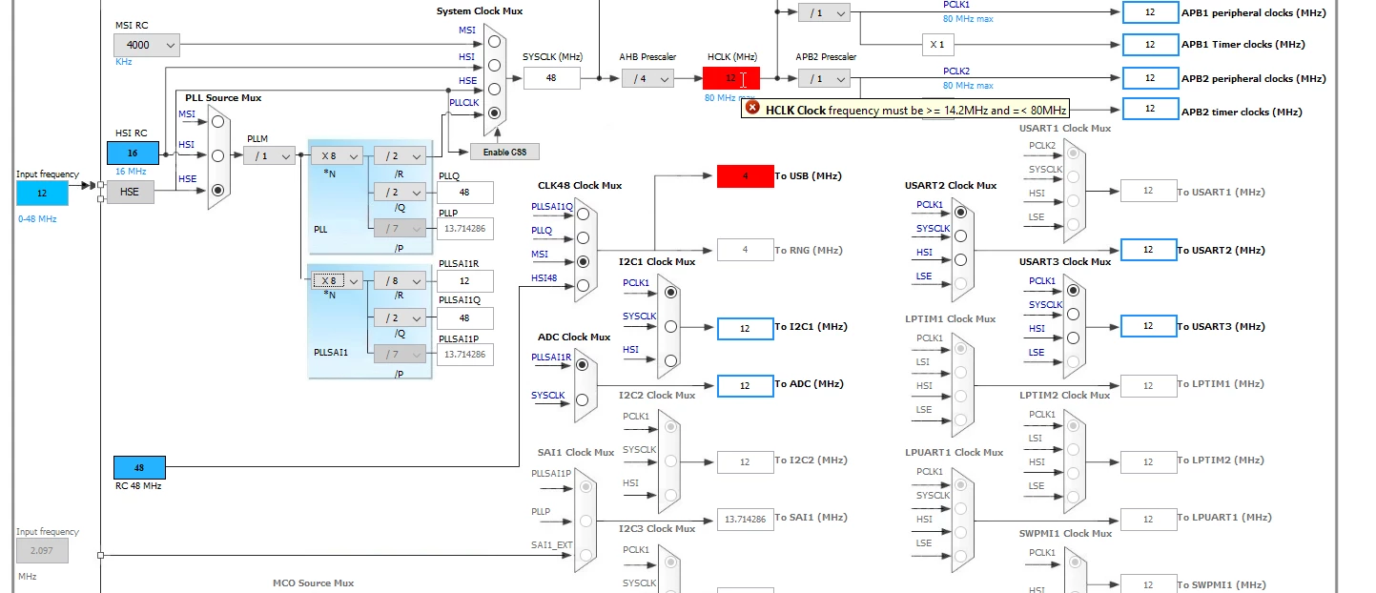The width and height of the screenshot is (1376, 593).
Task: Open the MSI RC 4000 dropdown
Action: coord(146,45)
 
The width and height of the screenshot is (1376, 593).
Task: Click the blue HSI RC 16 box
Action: coord(133,153)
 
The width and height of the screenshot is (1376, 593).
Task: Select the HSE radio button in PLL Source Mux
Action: coord(217,191)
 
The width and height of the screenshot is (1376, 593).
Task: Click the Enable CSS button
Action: coord(504,152)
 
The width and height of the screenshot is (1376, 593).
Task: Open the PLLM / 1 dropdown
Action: coord(269,156)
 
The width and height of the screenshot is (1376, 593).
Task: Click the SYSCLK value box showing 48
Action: coord(551,78)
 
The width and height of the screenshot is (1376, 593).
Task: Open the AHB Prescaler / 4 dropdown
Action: coord(647,78)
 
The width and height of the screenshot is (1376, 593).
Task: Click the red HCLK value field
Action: coord(731,78)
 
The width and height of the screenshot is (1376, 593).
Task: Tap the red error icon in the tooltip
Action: coord(751,109)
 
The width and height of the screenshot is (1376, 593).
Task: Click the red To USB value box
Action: coord(745,176)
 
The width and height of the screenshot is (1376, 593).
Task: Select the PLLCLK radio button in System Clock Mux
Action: coord(494,112)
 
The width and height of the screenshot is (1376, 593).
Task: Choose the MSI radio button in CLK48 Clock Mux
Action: coord(583,261)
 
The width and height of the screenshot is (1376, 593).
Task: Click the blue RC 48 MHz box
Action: coord(139,468)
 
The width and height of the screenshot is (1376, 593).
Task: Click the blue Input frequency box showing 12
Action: coord(42,194)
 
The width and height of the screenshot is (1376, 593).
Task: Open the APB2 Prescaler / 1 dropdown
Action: coord(824,78)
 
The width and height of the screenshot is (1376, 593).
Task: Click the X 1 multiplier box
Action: coord(937,44)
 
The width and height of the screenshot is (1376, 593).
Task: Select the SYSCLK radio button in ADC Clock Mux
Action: coord(582,399)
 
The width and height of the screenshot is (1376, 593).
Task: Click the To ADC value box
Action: coord(745,385)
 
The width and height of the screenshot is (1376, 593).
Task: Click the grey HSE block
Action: coord(130,193)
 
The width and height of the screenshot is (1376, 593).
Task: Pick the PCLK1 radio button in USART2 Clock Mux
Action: coord(961,213)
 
